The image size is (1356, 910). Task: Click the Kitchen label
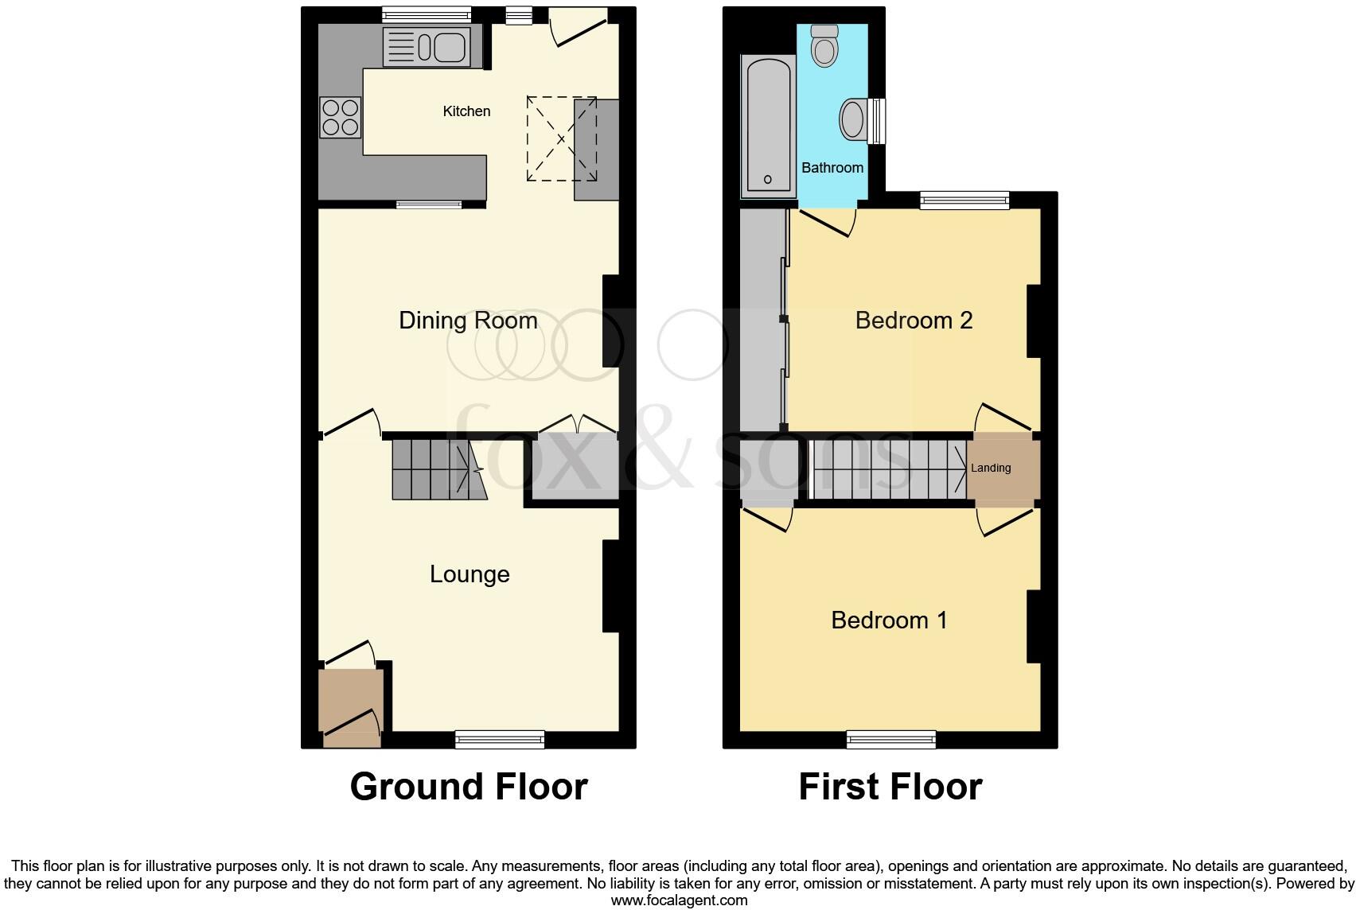pyautogui.click(x=466, y=111)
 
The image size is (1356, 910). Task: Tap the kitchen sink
pyautogui.click(x=432, y=46)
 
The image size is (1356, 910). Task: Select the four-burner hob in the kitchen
pyautogui.click(x=340, y=116)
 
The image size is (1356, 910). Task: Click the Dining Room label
pyautogui.click(x=468, y=321)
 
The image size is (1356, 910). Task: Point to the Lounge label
pyautogui.click(x=470, y=574)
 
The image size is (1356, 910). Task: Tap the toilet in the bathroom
pyautogui.click(x=824, y=45)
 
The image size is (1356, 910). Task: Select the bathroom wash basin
pyautogui.click(x=853, y=120)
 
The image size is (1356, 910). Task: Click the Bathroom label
pyautogui.click(x=832, y=168)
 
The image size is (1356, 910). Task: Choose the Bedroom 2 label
pyautogui.click(x=914, y=321)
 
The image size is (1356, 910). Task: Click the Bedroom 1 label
pyautogui.click(x=889, y=620)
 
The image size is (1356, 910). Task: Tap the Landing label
pyautogui.click(x=991, y=468)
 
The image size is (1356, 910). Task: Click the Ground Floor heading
pyautogui.click(x=469, y=787)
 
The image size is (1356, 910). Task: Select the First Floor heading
pyautogui.click(x=890, y=787)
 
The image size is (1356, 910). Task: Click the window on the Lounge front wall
pyautogui.click(x=500, y=740)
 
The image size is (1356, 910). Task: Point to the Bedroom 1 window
pyautogui.click(x=891, y=740)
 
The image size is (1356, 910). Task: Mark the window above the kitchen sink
pyautogui.click(x=426, y=14)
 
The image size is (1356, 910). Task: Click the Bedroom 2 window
pyautogui.click(x=964, y=200)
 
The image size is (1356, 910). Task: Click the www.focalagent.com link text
pyautogui.click(x=679, y=900)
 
